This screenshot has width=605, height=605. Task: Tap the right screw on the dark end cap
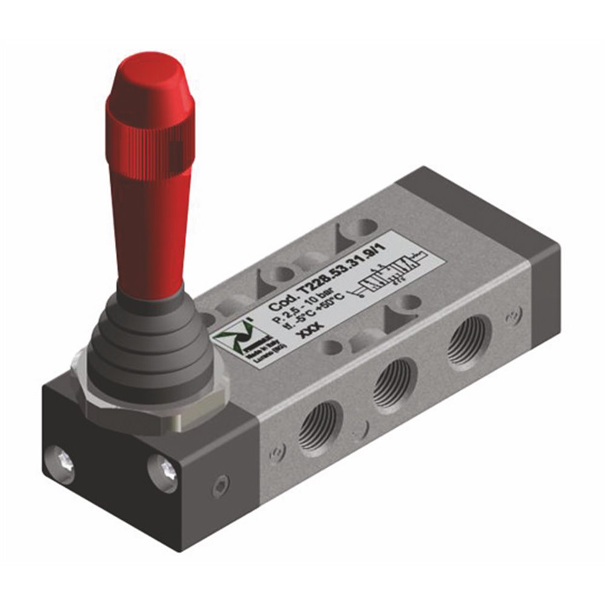coord(162,470)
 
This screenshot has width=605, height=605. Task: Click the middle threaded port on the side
coord(393,384)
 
